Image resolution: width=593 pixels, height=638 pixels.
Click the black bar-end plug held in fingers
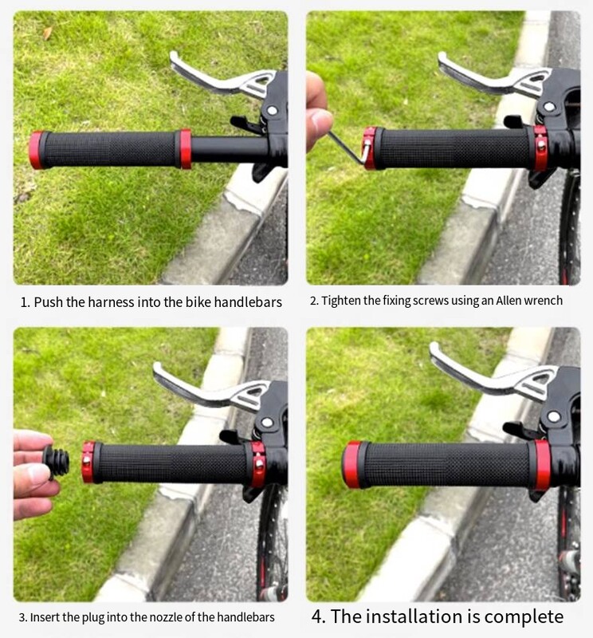coord(57,462)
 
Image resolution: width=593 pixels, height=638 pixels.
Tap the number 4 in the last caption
coord(317,616)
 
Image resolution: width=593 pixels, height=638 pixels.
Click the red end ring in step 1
coord(36,150)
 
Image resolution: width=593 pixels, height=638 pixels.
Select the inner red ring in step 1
coord(185,149)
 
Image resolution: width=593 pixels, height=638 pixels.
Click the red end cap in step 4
coord(351,465)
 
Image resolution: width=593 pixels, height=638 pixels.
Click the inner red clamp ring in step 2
coord(540,148)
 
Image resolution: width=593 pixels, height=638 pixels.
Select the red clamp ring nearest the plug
coord(88,463)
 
